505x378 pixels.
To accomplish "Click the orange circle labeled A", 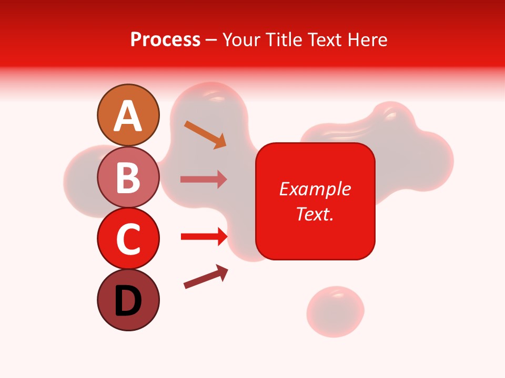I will [x=128, y=115].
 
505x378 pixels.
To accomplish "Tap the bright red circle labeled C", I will [x=128, y=238].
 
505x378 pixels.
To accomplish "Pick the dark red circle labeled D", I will [x=128, y=300].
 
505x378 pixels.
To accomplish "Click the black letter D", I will [x=128, y=301].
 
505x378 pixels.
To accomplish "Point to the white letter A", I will [x=128, y=116].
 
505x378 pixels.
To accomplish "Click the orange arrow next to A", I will [x=205, y=134].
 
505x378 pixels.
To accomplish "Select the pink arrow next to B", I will [x=204, y=179].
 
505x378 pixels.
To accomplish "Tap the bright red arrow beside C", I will [x=204, y=237].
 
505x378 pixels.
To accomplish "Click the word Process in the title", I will [x=165, y=40].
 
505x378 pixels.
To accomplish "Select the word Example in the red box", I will [x=315, y=189].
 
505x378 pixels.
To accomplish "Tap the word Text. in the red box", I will [x=315, y=214].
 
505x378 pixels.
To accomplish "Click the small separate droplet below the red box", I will [x=335, y=311].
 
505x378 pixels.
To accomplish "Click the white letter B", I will [x=128, y=178].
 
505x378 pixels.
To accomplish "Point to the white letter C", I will [x=128, y=239].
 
